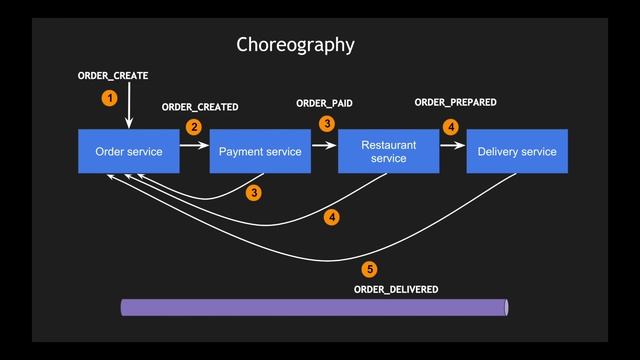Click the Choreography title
coord(295,45)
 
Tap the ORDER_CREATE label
coord(113,76)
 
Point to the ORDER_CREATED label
coord(200,107)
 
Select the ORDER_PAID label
coord(324,103)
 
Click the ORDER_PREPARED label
coord(455,102)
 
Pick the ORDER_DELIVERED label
coord(396,289)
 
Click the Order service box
coord(129,152)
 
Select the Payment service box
coord(260,152)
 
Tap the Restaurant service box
coord(388,152)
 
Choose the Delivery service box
coord(517,152)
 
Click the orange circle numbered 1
coord(109,97)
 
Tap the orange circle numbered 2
coord(194,127)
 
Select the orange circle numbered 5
coord(369,269)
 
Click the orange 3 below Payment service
coord(254,192)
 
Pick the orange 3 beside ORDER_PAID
coord(326,123)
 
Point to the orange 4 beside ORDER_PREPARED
coord(450,127)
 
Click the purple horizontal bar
coord(315,307)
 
